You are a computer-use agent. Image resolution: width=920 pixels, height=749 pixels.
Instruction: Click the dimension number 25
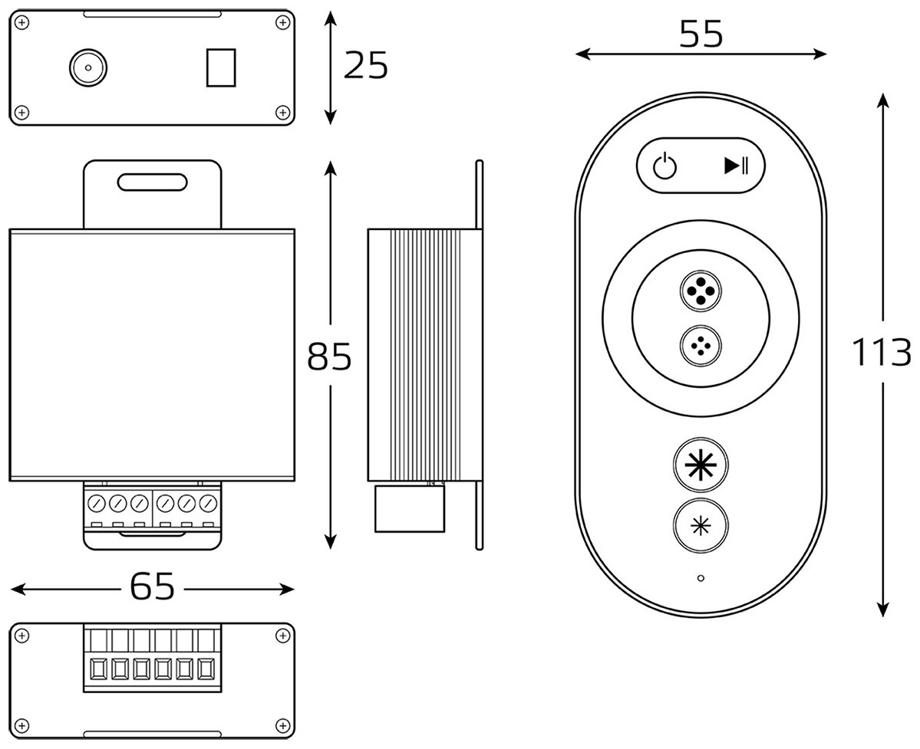click(366, 67)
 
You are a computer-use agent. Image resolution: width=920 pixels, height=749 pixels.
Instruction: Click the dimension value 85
click(329, 356)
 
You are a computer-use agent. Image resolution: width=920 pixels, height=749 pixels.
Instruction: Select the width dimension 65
click(152, 587)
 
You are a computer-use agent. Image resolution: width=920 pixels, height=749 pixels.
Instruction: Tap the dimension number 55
click(701, 34)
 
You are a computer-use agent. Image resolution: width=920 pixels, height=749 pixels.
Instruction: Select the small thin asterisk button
click(700, 526)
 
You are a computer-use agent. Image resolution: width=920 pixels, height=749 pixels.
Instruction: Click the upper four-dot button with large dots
click(700, 292)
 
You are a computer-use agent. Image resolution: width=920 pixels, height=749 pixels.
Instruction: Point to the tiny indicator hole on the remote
click(701, 577)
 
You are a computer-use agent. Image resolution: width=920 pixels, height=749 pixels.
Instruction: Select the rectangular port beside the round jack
click(220, 68)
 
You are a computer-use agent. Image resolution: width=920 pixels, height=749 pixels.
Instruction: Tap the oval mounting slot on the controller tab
click(152, 181)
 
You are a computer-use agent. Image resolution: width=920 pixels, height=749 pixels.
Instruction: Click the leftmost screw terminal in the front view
click(96, 504)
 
